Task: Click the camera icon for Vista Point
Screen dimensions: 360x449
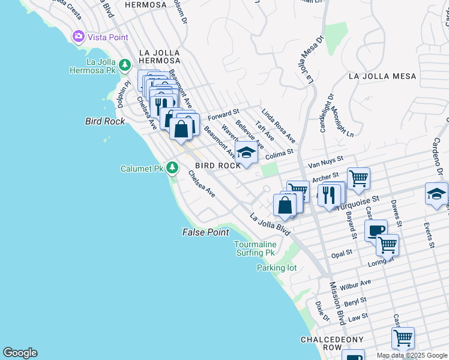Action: pyautogui.click(x=78, y=37)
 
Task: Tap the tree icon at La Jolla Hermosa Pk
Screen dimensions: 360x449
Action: pyautogui.click(x=125, y=65)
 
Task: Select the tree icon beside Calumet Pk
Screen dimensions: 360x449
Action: pyautogui.click(x=173, y=167)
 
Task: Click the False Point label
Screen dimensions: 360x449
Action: pyautogui.click(x=206, y=232)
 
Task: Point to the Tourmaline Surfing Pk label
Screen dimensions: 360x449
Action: pyautogui.click(x=254, y=248)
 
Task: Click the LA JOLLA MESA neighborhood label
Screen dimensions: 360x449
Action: pyautogui.click(x=382, y=76)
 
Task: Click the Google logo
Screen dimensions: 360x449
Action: pyautogui.click(x=20, y=353)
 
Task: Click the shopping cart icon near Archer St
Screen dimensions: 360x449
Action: pyautogui.click(x=358, y=177)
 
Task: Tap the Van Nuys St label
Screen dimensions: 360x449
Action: pyautogui.click(x=325, y=161)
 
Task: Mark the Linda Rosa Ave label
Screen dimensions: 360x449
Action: pyautogui.click(x=278, y=122)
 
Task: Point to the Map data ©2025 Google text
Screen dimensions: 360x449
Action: pyautogui.click(x=411, y=355)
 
